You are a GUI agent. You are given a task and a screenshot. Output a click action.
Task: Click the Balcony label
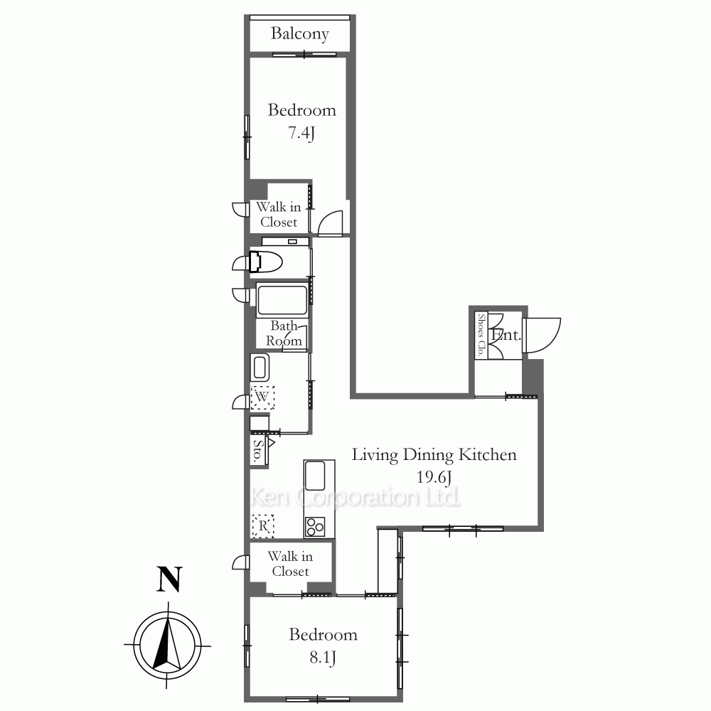300,33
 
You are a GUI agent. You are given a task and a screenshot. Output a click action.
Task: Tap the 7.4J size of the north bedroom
301,133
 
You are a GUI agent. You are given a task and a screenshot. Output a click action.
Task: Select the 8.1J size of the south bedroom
323,657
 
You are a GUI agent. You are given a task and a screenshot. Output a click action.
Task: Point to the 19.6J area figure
434,476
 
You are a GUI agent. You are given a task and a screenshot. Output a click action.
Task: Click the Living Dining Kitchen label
434,455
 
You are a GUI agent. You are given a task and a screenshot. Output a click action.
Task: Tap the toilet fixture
265,262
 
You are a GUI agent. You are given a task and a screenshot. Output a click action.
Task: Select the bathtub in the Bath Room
282,300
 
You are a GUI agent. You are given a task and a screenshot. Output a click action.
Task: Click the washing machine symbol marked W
262,397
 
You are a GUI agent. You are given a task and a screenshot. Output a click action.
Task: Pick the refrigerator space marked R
263,526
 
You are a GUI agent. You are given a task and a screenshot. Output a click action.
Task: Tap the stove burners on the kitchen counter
315,526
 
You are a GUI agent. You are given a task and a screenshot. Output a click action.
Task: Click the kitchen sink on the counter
315,476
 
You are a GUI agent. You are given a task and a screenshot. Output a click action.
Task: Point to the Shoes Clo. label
481,335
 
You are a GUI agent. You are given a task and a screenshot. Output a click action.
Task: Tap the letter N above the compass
169,579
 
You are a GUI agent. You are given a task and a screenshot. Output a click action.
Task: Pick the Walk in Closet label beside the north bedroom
279,215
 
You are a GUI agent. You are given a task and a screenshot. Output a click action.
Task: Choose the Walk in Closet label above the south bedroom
290,564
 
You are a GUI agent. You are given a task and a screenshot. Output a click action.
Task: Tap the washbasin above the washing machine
260,368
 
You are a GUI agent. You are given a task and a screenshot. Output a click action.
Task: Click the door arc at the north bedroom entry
330,223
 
